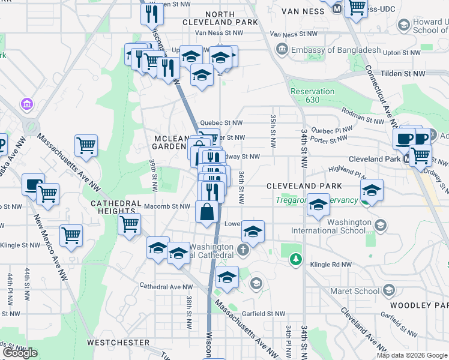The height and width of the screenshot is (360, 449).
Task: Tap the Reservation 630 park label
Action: click(312, 95)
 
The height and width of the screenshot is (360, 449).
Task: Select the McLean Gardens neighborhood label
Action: click(169, 142)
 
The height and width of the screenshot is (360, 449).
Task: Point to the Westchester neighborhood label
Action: click(118, 343)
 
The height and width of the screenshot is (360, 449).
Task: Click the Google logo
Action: click(20, 353)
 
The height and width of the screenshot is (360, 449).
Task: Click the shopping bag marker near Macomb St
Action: click(206, 213)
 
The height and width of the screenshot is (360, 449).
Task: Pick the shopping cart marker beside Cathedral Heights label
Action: click(130, 224)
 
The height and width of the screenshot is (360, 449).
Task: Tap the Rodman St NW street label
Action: click(362, 110)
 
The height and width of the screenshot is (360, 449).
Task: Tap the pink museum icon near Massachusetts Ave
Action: click(26, 104)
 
